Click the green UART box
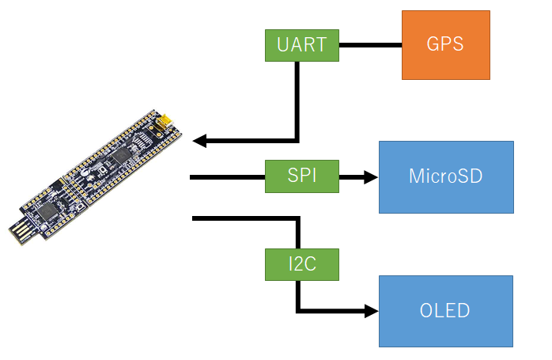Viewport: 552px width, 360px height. (x=301, y=45)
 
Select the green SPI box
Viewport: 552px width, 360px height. (x=301, y=175)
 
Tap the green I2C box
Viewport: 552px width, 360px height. (x=301, y=263)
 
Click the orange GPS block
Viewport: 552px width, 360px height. (x=445, y=45)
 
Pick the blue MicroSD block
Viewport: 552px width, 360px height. (x=446, y=177)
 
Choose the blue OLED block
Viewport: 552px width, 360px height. (x=446, y=311)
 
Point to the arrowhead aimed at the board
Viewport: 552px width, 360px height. (x=200, y=141)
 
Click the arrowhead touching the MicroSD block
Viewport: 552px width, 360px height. (x=371, y=177)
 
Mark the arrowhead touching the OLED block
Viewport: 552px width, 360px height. (x=371, y=311)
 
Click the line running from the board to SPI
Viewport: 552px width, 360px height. (x=227, y=177)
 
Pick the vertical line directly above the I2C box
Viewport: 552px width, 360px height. (x=298, y=233)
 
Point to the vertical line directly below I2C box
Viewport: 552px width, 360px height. (x=298, y=294)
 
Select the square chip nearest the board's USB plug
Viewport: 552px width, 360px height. (x=49, y=210)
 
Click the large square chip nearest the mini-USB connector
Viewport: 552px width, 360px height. (x=120, y=156)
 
